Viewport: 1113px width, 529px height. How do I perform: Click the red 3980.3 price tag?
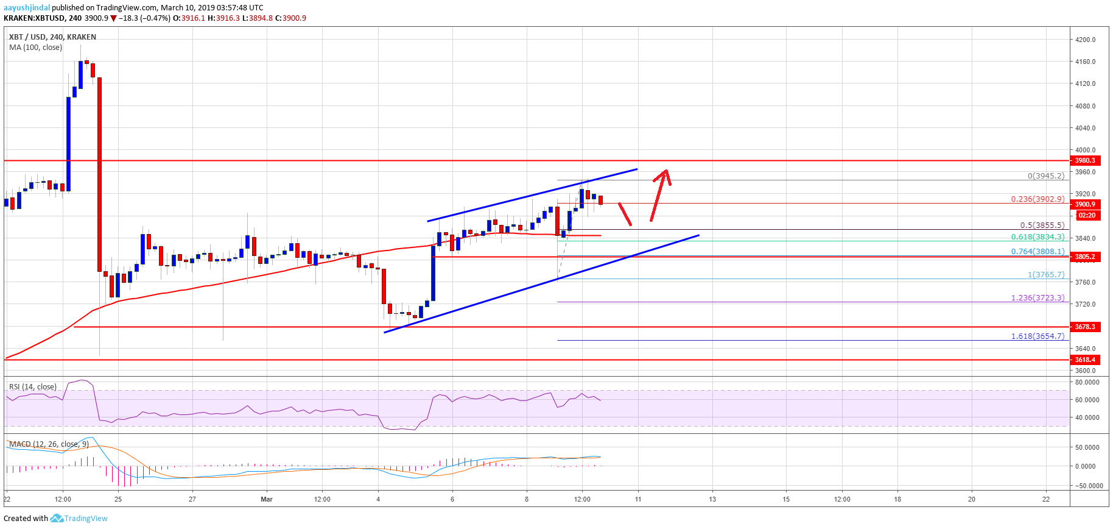[1084, 160]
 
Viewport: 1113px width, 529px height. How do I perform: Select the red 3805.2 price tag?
[1084, 257]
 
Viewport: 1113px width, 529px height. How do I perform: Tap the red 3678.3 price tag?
[1084, 327]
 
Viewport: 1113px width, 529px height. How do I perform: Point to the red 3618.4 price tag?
[1084, 360]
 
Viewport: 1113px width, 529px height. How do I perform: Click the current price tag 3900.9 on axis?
[1085, 204]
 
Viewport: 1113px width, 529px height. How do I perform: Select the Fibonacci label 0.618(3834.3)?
[1038, 237]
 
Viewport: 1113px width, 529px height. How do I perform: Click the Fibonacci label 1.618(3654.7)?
[1038, 336]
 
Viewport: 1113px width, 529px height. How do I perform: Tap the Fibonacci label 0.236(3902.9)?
[1038, 199]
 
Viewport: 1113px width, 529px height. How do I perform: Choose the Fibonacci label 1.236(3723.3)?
[1038, 297]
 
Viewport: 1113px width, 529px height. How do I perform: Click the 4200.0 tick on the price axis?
[1086, 40]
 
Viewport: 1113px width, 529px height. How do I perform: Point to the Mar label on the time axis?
[267, 499]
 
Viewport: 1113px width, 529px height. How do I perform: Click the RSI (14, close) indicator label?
[33, 387]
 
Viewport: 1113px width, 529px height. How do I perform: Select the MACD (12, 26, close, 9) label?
[49, 444]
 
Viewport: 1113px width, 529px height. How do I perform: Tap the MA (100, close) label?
[35, 48]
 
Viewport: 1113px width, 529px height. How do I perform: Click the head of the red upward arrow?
[665, 172]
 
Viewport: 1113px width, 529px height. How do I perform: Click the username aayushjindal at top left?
[27, 7]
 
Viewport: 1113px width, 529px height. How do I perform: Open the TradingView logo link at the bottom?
[79, 518]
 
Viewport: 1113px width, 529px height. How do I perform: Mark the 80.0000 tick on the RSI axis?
[1087, 382]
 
